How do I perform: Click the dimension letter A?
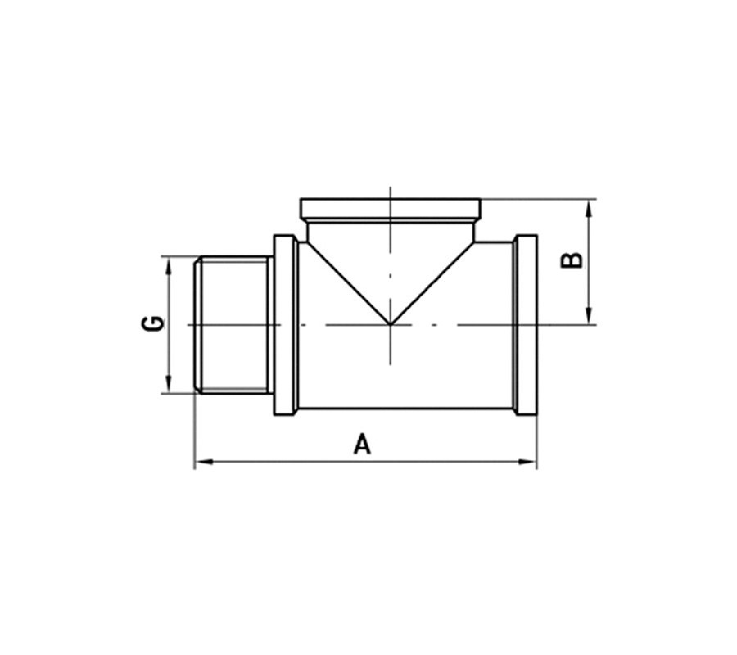tap(362, 445)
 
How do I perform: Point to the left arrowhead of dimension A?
tap(201, 463)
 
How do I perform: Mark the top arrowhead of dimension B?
tap(590, 206)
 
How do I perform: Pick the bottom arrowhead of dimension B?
tap(590, 317)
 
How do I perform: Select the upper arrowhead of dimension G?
tap(169, 264)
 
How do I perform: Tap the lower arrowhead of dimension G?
tap(169, 386)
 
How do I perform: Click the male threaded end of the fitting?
tap(234, 325)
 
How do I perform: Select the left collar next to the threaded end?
tap(284, 325)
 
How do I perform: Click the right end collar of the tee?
tap(525, 325)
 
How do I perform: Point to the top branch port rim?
tap(391, 209)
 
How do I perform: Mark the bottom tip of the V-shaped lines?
tap(391, 324)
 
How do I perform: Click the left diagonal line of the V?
tap(348, 282)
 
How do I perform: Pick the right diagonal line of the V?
tap(433, 282)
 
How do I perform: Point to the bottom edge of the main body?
tap(405, 409)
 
